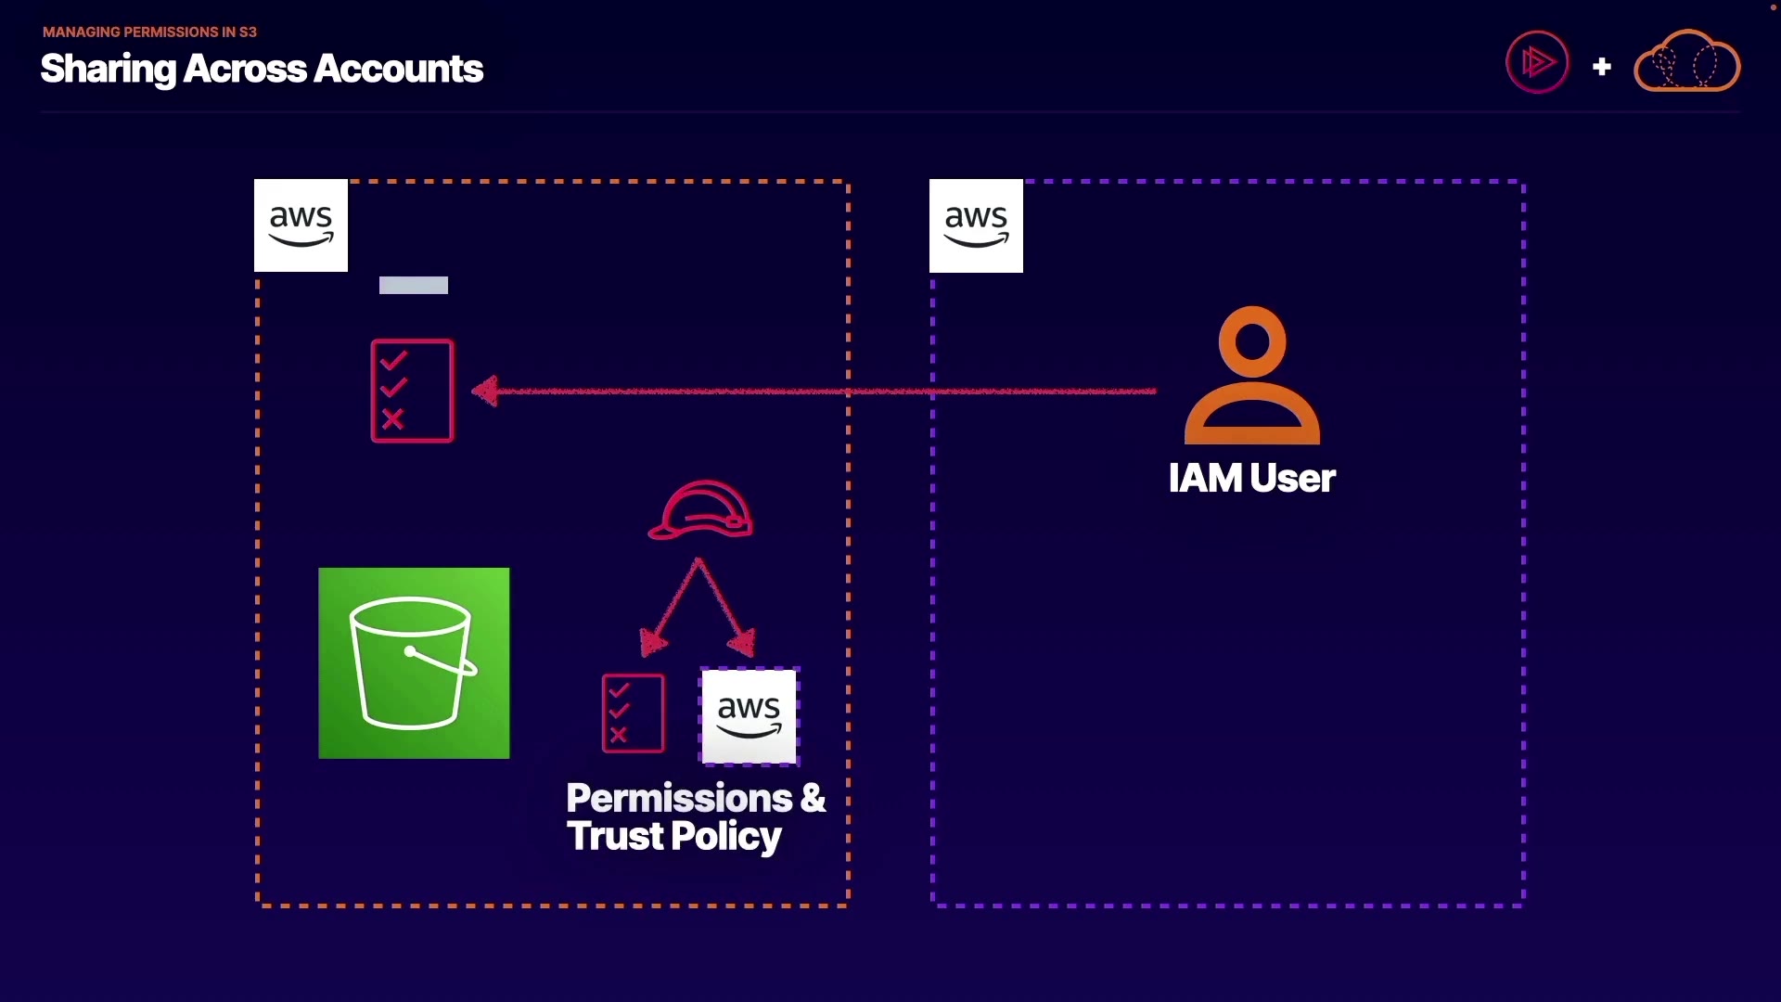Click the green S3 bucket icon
tap(414, 663)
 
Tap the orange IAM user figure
tap(1252, 376)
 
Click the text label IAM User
tap(1251, 479)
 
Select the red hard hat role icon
tap(700, 509)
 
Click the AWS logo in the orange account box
tap(301, 225)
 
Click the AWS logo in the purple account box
tap(976, 225)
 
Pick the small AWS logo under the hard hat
tap(749, 716)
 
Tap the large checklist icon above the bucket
tap(412, 391)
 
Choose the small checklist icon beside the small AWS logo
tap(633, 713)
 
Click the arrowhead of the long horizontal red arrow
tap(485, 391)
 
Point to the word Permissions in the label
tap(679, 799)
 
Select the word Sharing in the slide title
tap(108, 70)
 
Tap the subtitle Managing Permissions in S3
tap(149, 32)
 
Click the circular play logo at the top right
tap(1537, 62)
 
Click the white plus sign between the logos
tap(1601, 67)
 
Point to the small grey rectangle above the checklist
tap(414, 286)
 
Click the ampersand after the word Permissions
tap(813, 799)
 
